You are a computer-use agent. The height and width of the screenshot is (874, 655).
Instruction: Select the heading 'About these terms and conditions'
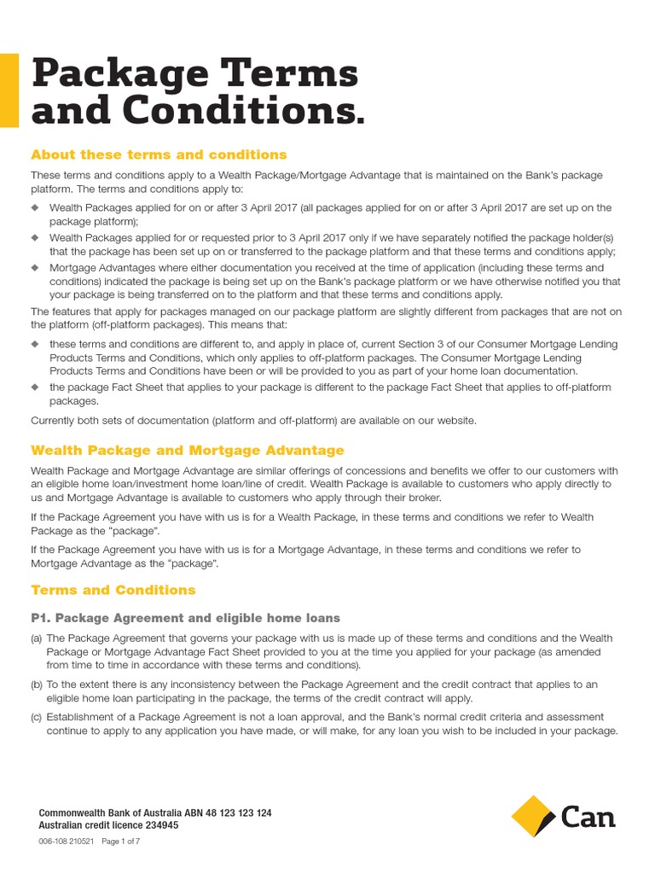tap(159, 154)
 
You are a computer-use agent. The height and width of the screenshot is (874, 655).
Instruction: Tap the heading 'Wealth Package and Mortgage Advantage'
tap(188, 450)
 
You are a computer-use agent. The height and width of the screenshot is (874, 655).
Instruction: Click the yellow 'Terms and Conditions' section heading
tap(113, 590)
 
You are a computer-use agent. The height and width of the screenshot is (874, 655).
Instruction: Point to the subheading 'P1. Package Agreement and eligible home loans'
tap(185, 618)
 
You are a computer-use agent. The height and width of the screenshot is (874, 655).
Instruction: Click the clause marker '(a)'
tap(37, 638)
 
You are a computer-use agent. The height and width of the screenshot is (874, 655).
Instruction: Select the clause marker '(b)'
tap(37, 685)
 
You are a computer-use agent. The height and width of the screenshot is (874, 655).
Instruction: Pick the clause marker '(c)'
tap(37, 717)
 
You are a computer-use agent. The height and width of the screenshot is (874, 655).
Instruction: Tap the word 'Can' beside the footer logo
tap(588, 818)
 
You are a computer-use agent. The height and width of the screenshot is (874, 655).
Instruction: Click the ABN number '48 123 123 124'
tap(236, 813)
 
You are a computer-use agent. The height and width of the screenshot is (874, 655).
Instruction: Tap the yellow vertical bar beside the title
tap(9, 90)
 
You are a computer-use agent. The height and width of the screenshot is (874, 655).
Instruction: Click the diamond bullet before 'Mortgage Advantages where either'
tap(35, 267)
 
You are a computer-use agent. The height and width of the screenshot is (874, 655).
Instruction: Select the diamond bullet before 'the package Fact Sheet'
tap(35, 387)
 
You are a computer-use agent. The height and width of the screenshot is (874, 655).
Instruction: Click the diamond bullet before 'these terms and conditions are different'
tap(35, 344)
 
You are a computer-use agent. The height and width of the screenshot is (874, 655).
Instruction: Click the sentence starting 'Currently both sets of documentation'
tap(253, 420)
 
